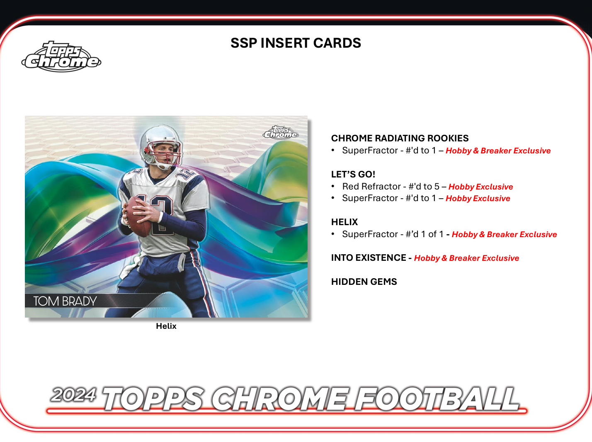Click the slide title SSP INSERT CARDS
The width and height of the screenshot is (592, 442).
click(x=296, y=43)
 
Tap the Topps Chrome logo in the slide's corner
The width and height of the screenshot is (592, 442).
click(x=61, y=57)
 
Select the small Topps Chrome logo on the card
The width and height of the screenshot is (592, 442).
click(x=281, y=132)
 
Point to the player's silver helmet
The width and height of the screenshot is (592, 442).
click(x=161, y=143)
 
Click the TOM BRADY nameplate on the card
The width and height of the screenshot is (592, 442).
click(x=65, y=301)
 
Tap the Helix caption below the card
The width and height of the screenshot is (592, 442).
click(x=166, y=326)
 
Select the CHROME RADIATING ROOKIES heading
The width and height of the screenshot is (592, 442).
click(x=400, y=138)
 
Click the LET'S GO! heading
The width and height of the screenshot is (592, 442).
click(x=353, y=175)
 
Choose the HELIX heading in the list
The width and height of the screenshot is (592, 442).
click(x=345, y=222)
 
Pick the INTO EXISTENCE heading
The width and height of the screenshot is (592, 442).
click(x=369, y=258)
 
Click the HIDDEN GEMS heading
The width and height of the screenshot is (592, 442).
click(x=364, y=282)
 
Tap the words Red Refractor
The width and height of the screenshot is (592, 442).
click(x=371, y=187)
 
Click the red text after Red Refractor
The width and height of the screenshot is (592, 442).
click(x=480, y=187)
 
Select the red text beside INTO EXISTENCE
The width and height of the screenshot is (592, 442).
click(x=466, y=258)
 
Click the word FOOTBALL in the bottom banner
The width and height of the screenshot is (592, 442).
click(x=437, y=399)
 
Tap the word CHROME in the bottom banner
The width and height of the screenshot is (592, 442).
click(x=280, y=399)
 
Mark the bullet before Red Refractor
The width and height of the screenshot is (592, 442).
click(x=333, y=186)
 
